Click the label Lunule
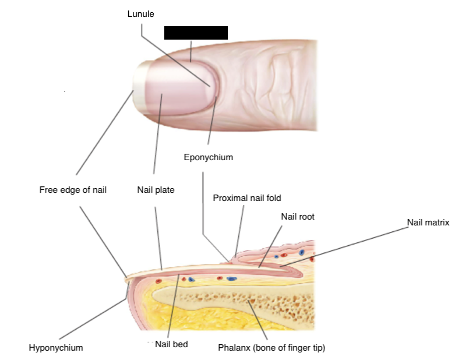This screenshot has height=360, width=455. [x=140, y=14]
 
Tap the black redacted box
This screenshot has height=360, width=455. [x=196, y=33]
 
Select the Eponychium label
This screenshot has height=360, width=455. [x=208, y=157]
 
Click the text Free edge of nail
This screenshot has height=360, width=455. [x=73, y=190]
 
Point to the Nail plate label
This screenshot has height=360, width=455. [x=156, y=190]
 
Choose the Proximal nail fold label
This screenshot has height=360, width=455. [x=247, y=198]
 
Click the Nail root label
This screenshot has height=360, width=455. [x=297, y=217]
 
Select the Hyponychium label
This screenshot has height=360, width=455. [x=56, y=348]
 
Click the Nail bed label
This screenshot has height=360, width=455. [x=171, y=344]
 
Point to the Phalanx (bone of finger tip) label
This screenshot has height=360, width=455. [x=271, y=348]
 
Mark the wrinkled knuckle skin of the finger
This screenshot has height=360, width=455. [x=274, y=82]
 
